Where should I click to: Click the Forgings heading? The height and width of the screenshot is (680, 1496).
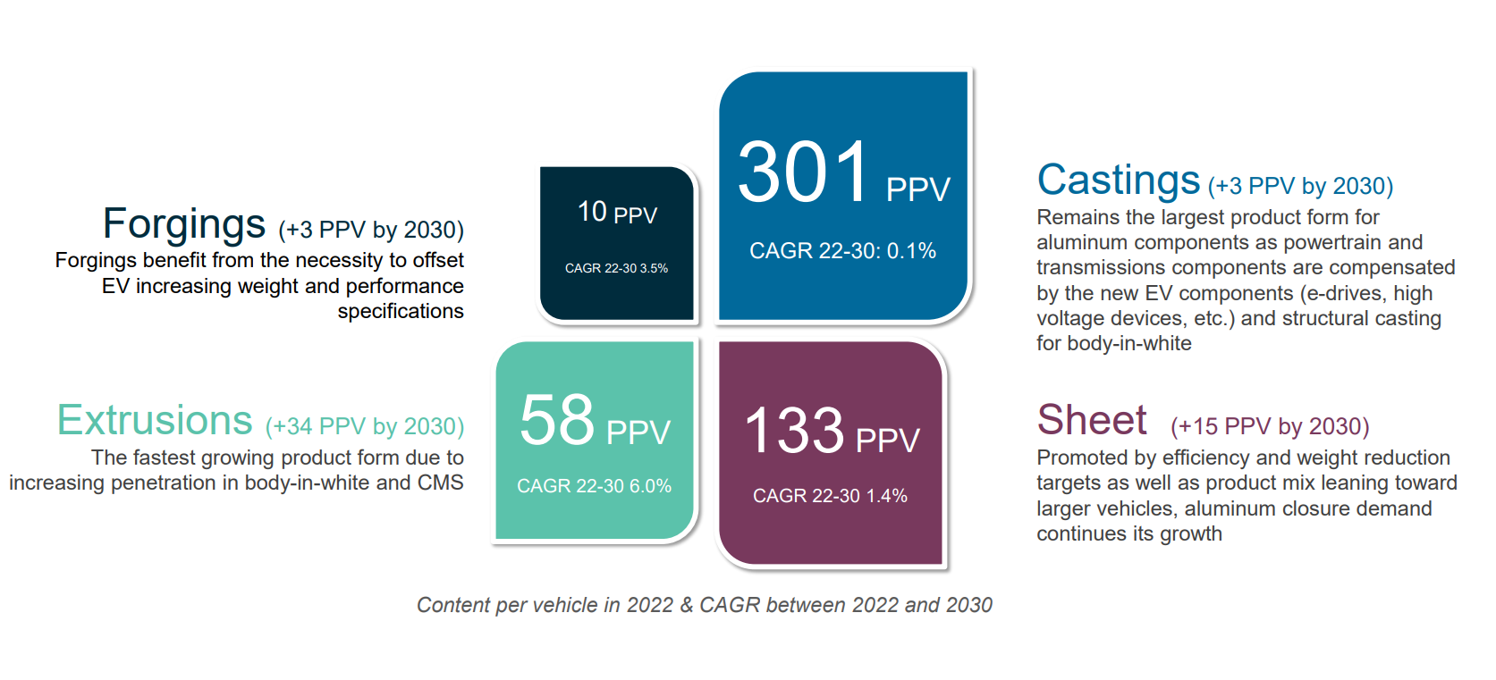(x=183, y=224)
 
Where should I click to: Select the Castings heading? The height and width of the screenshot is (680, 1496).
(x=1118, y=180)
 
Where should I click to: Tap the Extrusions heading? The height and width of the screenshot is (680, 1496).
(x=155, y=420)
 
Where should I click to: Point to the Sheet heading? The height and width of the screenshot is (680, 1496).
(x=1091, y=420)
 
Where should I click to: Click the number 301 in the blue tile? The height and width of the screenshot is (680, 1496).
(x=803, y=172)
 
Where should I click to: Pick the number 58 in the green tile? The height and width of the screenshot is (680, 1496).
(x=556, y=420)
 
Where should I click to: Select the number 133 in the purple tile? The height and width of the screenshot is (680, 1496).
(x=794, y=431)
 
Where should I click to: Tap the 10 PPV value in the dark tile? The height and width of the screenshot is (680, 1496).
(x=617, y=213)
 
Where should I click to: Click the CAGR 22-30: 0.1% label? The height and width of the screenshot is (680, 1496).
(x=842, y=251)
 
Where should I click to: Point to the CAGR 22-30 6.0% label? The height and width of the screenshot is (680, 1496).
(x=594, y=486)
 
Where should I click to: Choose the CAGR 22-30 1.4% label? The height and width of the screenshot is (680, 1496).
(x=830, y=496)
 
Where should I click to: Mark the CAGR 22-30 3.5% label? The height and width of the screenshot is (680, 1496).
(x=616, y=268)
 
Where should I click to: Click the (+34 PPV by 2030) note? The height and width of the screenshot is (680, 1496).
(x=365, y=426)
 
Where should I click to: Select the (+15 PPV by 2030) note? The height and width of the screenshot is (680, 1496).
(x=1270, y=426)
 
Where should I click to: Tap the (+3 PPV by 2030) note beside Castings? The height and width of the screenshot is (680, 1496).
(x=1300, y=186)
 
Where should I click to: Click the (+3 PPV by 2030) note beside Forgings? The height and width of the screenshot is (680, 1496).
(x=371, y=230)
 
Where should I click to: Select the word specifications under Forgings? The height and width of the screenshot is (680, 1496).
(x=400, y=312)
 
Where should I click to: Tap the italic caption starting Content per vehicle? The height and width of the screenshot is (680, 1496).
(x=705, y=605)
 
